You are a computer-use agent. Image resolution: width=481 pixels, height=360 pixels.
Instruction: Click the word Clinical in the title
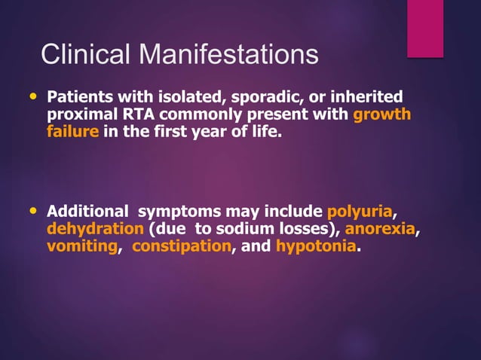pos(84,55)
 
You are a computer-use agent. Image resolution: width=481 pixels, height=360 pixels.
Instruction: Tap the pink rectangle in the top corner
pos(425,28)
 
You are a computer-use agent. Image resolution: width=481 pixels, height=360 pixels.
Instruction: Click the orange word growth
pos(382,115)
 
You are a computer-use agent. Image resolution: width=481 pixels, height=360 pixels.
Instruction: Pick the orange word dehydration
pos(95,229)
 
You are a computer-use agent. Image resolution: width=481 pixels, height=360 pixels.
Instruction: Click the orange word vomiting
pos(82,246)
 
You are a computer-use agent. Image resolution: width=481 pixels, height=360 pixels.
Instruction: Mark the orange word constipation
pos(181,246)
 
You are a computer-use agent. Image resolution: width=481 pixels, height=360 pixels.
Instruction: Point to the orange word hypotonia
pos(314,246)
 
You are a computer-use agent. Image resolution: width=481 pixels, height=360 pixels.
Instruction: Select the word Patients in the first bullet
pos(81,98)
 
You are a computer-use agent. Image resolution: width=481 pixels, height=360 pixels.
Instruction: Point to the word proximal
pos(80,115)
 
